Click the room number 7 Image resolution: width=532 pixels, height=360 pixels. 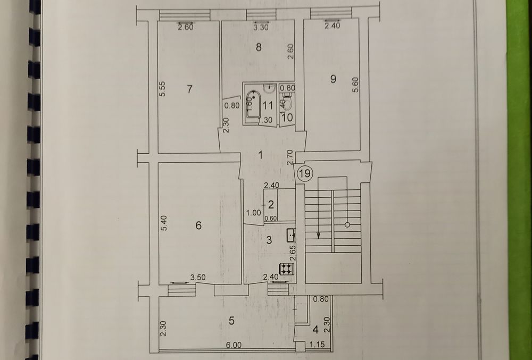click(x=190, y=89)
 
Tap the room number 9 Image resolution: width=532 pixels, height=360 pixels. click(x=334, y=79)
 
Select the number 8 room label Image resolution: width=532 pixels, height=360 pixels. click(x=258, y=47)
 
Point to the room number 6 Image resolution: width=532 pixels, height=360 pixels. click(x=198, y=226)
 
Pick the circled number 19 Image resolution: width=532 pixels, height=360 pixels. click(x=305, y=173)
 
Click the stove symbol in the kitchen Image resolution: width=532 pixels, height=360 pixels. click(x=286, y=269)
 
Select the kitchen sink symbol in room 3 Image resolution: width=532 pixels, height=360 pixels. click(x=291, y=234)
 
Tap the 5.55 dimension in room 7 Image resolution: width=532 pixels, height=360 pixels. click(x=164, y=88)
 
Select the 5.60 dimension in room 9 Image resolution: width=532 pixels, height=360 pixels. click(x=354, y=86)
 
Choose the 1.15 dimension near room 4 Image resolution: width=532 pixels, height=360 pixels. click(x=318, y=345)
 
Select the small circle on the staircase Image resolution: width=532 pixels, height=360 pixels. click(x=347, y=225)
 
